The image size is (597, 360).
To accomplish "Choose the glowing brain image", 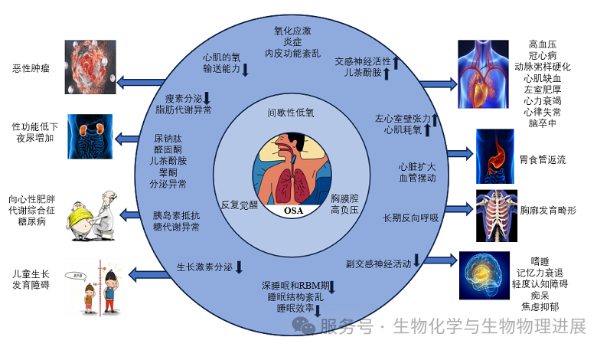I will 484,273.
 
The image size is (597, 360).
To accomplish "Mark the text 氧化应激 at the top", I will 292,31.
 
